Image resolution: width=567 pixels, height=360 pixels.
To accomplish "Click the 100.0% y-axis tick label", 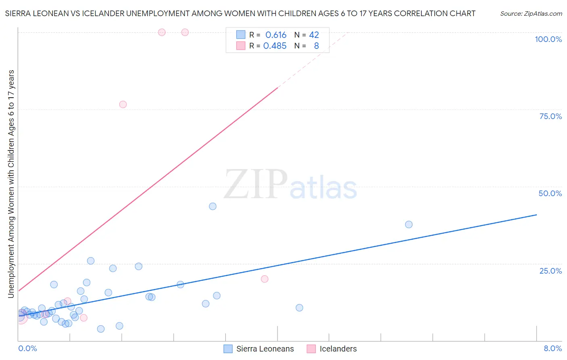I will coord(548,39).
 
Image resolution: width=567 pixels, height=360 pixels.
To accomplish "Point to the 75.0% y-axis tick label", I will coord(550,116).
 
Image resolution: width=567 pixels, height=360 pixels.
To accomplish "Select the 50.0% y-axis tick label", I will coord(550,193).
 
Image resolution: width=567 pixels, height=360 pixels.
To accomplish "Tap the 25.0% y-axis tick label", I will coord(550,270).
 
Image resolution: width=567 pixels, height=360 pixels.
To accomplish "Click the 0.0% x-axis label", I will coord(27,348).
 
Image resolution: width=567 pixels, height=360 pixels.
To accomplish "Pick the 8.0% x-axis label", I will coord(552,348).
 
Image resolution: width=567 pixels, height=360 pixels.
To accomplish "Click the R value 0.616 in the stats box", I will coord(276,35).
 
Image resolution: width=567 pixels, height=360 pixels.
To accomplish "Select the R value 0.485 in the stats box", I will coord(275,46).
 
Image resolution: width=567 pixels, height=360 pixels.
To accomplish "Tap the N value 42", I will coord(314,35).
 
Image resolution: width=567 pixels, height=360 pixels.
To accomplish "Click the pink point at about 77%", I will coord(123,105).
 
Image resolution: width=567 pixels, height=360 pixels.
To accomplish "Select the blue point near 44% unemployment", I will coord(213,206).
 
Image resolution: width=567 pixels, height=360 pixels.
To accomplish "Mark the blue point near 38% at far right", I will coord(409,224).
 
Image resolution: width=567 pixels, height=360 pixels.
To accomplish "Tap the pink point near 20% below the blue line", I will coord(265,279).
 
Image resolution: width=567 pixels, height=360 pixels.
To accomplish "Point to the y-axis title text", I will coord(11,184).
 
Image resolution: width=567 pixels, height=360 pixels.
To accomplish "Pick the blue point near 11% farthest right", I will coord(299,308).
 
